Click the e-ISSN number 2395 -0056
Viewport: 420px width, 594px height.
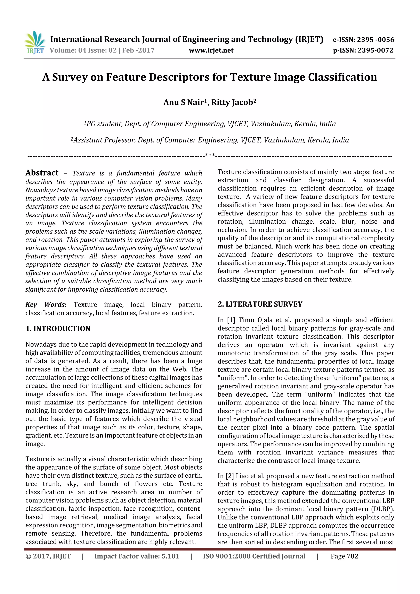375,40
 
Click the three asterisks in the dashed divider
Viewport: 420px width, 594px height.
210,155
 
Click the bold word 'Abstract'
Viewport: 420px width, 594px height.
42,173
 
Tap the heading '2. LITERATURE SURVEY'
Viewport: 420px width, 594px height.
260,304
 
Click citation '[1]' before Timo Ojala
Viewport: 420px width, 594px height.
231,320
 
